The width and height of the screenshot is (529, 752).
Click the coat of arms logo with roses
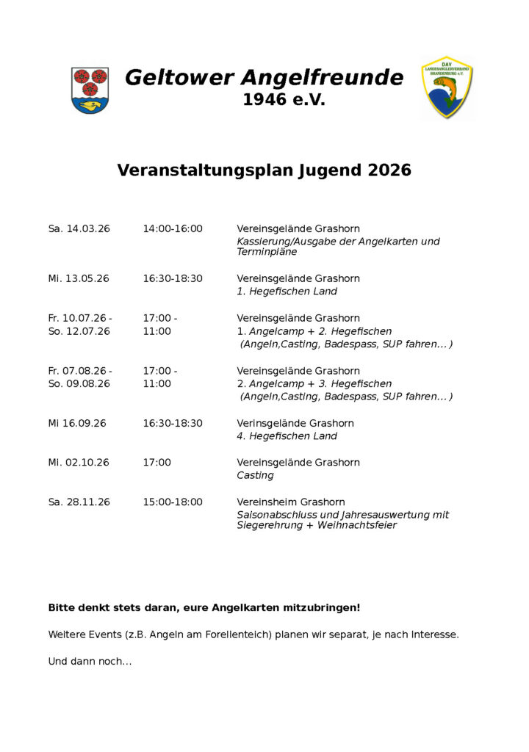(90, 90)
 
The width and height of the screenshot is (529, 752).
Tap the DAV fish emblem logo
(447, 87)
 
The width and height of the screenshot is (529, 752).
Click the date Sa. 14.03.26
(79, 229)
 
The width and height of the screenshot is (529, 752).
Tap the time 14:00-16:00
(173, 229)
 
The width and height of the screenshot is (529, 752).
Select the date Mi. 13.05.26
(79, 279)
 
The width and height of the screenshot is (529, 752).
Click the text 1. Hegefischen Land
(287, 292)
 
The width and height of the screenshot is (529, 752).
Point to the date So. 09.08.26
(79, 384)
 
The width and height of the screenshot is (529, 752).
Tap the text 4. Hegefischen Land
(287, 436)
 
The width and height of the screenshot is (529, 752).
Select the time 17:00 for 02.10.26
(156, 463)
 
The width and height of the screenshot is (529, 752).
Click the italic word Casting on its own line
(255, 476)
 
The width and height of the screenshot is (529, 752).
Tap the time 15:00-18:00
(173, 502)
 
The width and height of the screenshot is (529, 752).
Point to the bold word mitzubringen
(322, 608)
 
